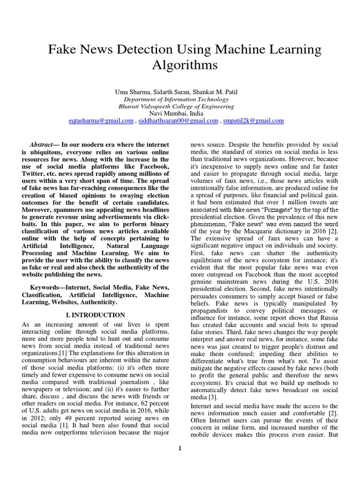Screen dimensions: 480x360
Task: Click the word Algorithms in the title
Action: [185, 65]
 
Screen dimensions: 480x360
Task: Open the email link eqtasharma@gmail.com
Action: [101, 120]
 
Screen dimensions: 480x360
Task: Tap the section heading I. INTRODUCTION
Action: [95, 315]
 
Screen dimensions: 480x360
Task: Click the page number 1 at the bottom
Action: [180, 448]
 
